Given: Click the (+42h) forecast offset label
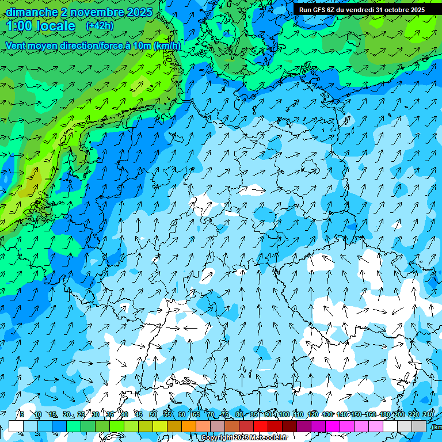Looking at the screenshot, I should tap(100, 26).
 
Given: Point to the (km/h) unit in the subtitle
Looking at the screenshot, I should tap(167, 45).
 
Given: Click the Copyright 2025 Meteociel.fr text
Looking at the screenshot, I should tap(244, 437).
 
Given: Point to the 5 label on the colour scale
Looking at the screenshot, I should tap(22, 414).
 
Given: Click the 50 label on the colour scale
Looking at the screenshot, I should tap(153, 414).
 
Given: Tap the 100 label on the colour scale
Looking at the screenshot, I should tap(284, 414).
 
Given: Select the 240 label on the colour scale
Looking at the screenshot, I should tap(428, 414).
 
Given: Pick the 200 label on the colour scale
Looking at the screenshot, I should tap(399, 414).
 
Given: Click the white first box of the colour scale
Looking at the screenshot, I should tap(16, 426).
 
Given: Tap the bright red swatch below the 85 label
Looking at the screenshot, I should tap(261, 426).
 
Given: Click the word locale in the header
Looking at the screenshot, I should tap(55, 26).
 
